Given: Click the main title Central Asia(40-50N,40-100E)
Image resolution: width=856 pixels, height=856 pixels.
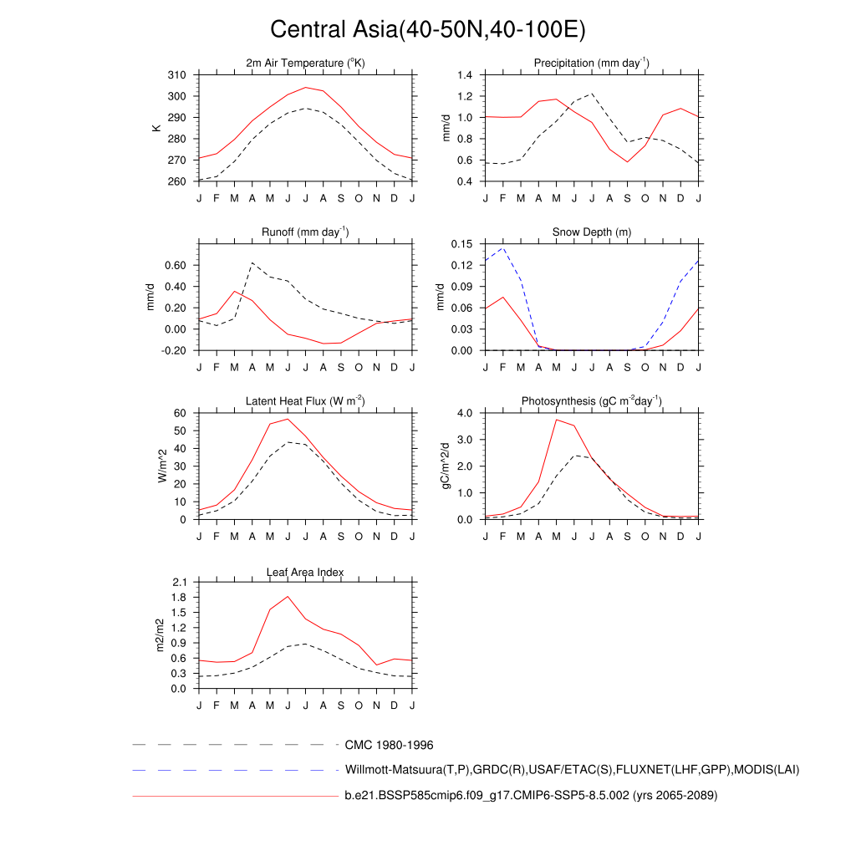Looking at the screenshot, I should pyautogui.click(x=428, y=30).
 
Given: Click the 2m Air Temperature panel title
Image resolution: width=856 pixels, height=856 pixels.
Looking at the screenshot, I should pyautogui.click(x=305, y=64).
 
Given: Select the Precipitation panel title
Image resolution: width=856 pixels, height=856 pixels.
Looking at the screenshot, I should pyautogui.click(x=592, y=64).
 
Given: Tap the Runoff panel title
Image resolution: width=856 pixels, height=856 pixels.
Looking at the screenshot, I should pyautogui.click(x=305, y=232).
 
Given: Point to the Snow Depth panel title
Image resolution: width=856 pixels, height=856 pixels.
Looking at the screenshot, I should pyautogui.click(x=592, y=232).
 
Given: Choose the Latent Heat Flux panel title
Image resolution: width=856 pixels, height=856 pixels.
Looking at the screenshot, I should pyautogui.click(x=305, y=401).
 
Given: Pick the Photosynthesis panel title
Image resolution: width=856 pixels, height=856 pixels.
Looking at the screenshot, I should pyautogui.click(x=592, y=401).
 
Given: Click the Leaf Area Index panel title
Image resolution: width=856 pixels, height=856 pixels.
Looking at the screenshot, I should pyautogui.click(x=305, y=572).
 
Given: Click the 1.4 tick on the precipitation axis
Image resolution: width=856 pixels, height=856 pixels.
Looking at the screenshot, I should pyautogui.click(x=466, y=75).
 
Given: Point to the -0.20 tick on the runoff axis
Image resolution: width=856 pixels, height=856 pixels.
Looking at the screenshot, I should pyautogui.click(x=173, y=351).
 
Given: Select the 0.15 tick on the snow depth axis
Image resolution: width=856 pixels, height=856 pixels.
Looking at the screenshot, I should pyautogui.click(x=462, y=244).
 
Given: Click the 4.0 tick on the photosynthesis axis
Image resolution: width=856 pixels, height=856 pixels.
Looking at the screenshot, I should pyautogui.click(x=466, y=413).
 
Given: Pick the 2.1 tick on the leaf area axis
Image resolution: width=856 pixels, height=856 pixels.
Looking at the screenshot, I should pyautogui.click(x=179, y=582).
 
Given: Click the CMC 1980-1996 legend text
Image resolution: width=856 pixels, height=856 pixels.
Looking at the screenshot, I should pyautogui.click(x=389, y=745).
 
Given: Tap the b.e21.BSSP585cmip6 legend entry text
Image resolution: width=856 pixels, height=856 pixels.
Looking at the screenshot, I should pyautogui.click(x=531, y=796).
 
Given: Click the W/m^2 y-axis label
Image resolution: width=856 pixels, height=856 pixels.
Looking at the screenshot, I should pyautogui.click(x=162, y=466).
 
